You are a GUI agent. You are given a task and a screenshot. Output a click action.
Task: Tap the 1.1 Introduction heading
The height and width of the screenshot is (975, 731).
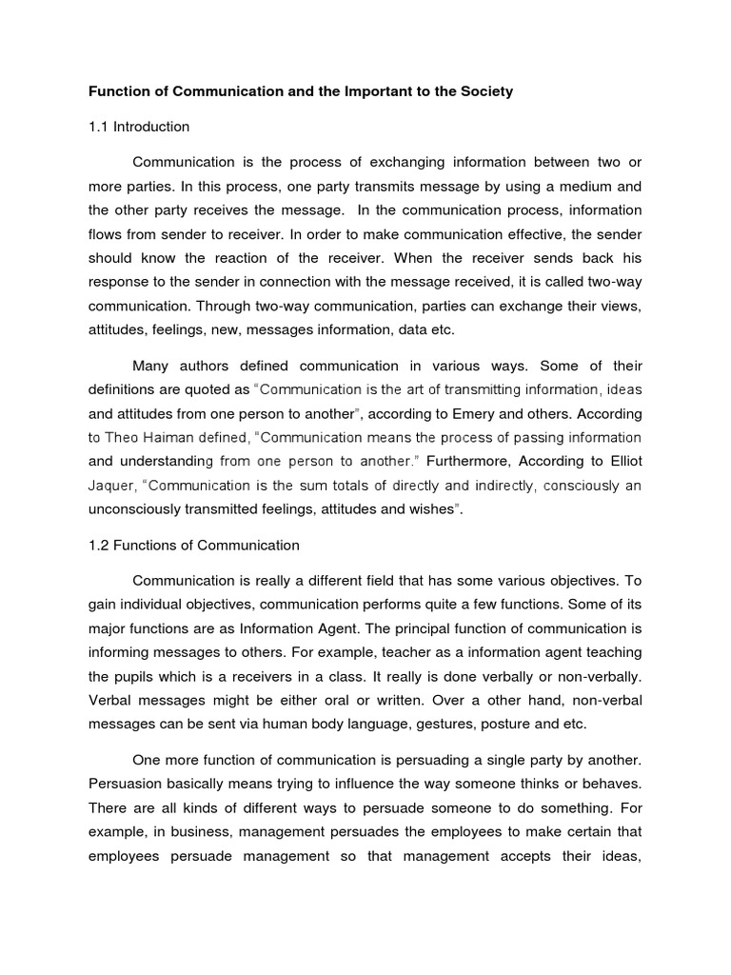pyautogui.click(x=139, y=127)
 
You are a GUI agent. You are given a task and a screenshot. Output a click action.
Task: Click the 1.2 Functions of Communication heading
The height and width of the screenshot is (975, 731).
pyautogui.click(x=194, y=546)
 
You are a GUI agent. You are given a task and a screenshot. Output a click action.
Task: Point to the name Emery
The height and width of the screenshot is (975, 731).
pyautogui.click(x=491, y=414)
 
